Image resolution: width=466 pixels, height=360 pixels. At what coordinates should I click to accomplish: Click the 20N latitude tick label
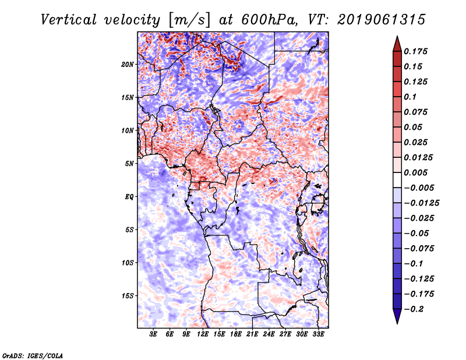128,64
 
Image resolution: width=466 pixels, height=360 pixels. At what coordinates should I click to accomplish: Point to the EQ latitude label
129,196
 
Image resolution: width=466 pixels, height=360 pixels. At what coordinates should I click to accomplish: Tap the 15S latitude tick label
128,295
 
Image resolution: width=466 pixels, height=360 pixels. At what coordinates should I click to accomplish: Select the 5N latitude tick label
129,163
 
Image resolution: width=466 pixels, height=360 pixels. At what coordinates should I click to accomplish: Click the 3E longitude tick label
154,334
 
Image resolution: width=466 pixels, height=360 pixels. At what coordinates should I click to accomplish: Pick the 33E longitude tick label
318,334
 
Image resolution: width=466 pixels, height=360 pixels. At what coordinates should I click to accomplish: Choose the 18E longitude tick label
236,334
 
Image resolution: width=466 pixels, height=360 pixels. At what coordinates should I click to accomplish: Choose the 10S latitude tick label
128,263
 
